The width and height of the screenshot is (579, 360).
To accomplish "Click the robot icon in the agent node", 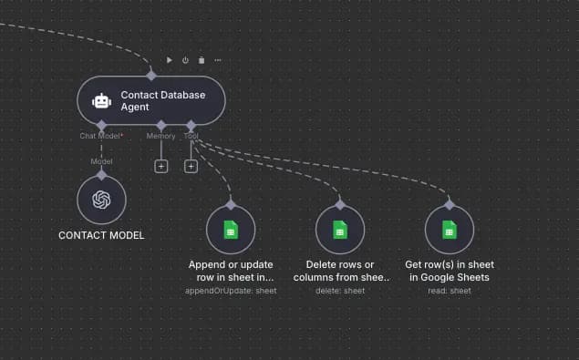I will (102, 101).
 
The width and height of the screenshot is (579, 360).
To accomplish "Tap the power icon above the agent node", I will (185, 60).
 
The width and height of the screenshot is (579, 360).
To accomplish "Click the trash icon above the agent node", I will (201, 60).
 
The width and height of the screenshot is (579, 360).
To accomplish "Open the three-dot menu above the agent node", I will (217, 60).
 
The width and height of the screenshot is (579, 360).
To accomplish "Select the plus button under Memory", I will (161, 166).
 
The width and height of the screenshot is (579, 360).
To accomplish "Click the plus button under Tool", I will (191, 166).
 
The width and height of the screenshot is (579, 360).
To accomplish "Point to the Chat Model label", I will (101, 136).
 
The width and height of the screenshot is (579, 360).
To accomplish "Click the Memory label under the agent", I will (161, 136).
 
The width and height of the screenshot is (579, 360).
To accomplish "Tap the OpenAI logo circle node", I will (101, 200).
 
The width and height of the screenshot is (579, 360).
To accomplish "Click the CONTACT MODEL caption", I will (101, 235).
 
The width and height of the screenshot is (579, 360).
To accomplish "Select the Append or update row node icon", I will (231, 230).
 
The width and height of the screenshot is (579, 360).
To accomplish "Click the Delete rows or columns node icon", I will (340, 230).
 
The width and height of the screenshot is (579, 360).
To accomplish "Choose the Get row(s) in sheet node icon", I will (450, 230).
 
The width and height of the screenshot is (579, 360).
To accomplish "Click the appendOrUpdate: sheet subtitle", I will (231, 291).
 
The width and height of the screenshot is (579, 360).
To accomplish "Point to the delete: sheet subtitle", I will (340, 291).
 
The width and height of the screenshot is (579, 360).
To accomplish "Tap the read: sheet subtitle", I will (450, 291).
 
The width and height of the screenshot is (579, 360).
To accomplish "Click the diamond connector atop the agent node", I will (151, 76).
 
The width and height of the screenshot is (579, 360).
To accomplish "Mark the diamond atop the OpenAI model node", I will (101, 173).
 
